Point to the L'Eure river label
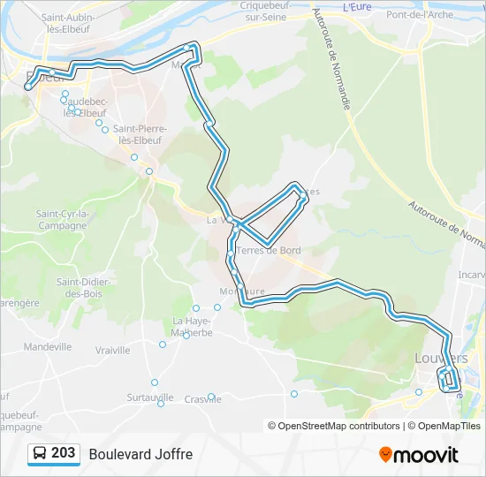355,6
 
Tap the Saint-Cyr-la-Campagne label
62,219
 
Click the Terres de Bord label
268,250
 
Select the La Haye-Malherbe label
193,326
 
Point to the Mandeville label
48,347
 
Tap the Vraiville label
112,350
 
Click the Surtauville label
150,397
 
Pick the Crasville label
203,399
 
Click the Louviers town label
441,358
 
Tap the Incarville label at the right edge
470,274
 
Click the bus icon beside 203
40,454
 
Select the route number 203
64,453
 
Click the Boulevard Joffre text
140,454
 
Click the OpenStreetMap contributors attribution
338,426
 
